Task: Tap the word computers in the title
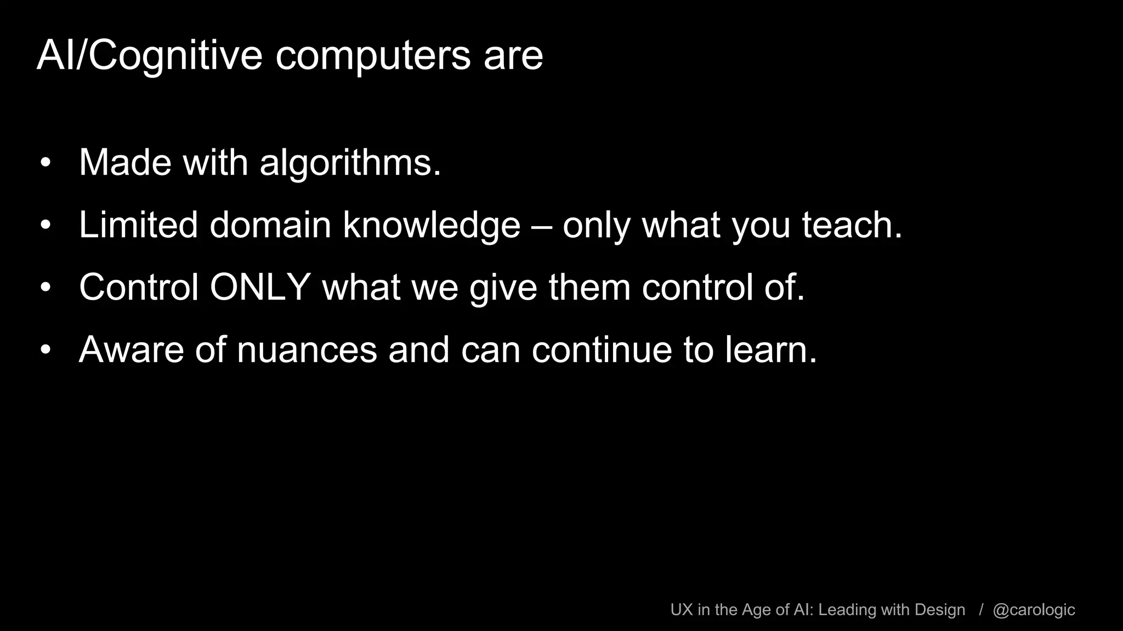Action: (372, 56)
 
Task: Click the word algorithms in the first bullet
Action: (350, 163)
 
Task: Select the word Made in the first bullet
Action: (125, 163)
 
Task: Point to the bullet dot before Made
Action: (46, 163)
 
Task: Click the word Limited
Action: (138, 225)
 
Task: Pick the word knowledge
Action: (432, 225)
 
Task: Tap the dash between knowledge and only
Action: (542, 226)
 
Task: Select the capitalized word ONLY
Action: (261, 287)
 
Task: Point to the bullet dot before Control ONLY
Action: (46, 287)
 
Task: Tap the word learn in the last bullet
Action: (771, 349)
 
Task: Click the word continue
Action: (602, 349)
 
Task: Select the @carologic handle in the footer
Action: (1034, 610)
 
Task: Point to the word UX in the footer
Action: (682, 610)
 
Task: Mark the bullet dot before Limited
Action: (46, 225)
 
